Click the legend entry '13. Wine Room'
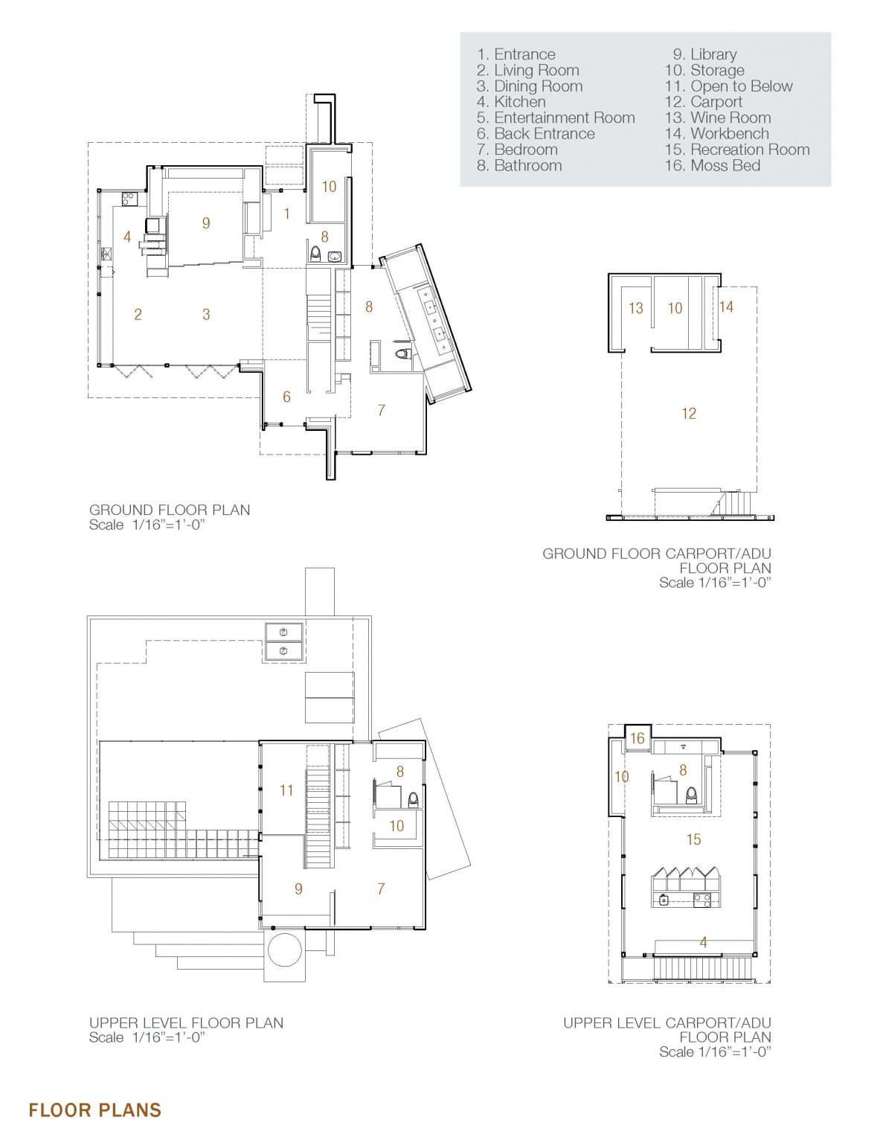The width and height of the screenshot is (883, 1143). pyautogui.click(x=717, y=118)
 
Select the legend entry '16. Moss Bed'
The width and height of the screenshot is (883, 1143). pyautogui.click(x=712, y=166)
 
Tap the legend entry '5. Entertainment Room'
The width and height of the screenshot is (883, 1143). pyautogui.click(x=556, y=118)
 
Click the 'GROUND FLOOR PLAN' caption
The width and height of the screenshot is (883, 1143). pyautogui.click(x=170, y=510)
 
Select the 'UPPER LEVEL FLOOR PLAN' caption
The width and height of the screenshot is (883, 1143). pyautogui.click(x=186, y=1023)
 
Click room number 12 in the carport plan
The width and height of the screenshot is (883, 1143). pyautogui.click(x=689, y=414)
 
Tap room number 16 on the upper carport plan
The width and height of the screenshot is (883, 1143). pyautogui.click(x=637, y=738)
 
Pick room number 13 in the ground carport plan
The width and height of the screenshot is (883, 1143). pyautogui.click(x=636, y=308)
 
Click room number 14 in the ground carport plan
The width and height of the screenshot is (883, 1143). pyautogui.click(x=726, y=307)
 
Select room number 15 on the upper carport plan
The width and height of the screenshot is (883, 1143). pyautogui.click(x=694, y=839)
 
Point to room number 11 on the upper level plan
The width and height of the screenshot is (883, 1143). pyautogui.click(x=286, y=790)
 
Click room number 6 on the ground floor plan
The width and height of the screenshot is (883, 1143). pyautogui.click(x=286, y=397)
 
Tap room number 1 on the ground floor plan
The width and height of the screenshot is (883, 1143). pyautogui.click(x=287, y=214)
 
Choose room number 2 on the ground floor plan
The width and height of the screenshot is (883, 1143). pyautogui.click(x=138, y=315)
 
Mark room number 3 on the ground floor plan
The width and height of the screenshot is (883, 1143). pyautogui.click(x=206, y=315)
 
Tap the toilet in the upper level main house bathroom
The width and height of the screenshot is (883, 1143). pyautogui.click(x=414, y=800)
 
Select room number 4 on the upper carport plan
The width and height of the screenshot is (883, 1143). pyautogui.click(x=703, y=942)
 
